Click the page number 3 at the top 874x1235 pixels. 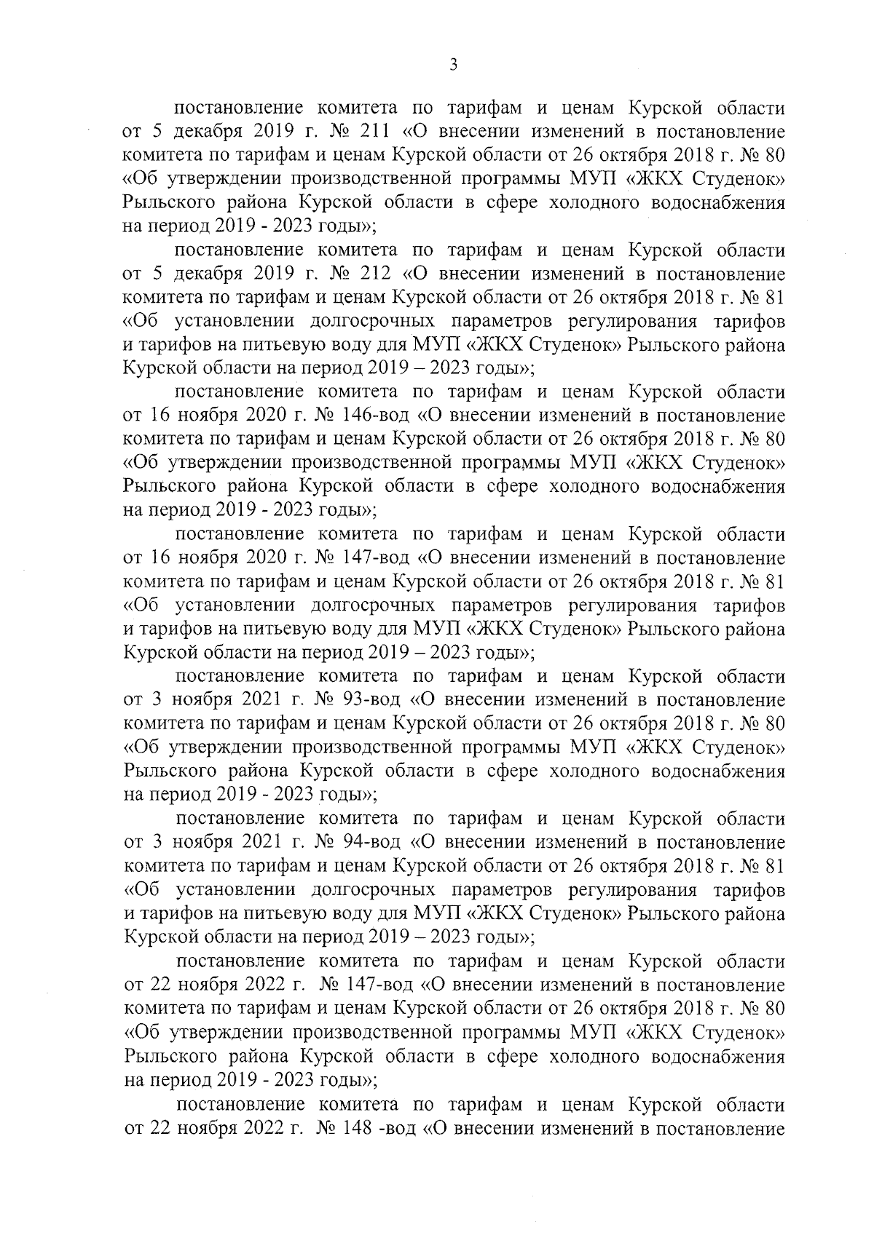point(453,65)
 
